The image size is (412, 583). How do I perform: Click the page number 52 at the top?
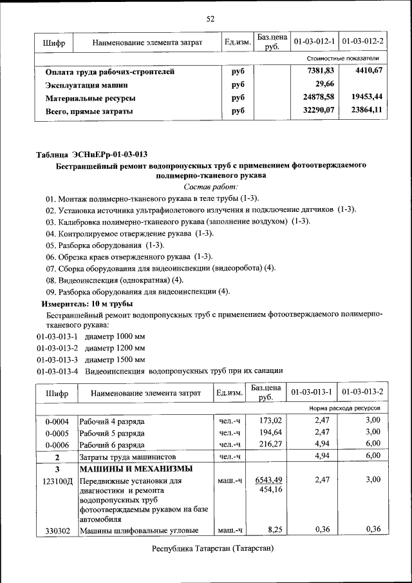point(210,19)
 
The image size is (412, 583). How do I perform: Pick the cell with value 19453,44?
point(367,97)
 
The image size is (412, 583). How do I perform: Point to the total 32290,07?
point(321,110)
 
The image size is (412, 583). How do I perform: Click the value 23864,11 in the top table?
point(367,110)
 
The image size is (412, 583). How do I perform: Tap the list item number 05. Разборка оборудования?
point(105,245)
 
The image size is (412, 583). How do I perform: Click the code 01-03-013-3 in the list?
point(57,359)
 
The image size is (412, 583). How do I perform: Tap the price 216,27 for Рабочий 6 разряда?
point(269,444)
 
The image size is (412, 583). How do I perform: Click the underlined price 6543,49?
point(268,480)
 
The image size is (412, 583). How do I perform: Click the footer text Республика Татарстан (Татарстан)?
point(212,548)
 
